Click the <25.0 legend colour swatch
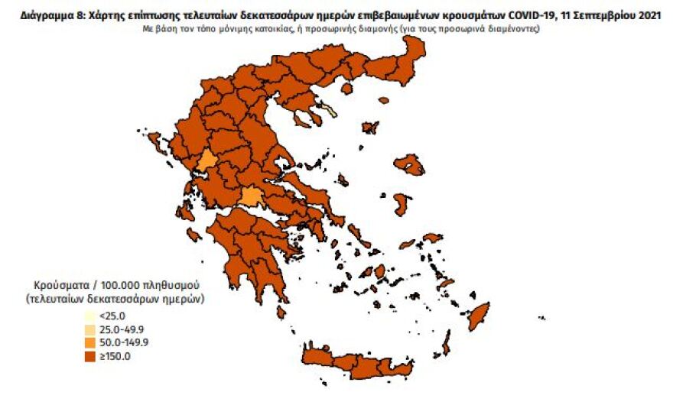tap(89, 315)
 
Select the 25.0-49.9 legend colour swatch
tap(89, 329)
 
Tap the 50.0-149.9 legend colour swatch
tap(89, 342)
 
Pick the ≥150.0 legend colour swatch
tap(89, 356)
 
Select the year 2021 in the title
tap(649, 13)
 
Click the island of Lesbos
tap(410, 164)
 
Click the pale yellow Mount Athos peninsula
tap(330, 112)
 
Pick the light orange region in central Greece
tap(250, 197)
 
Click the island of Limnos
tap(371, 127)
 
